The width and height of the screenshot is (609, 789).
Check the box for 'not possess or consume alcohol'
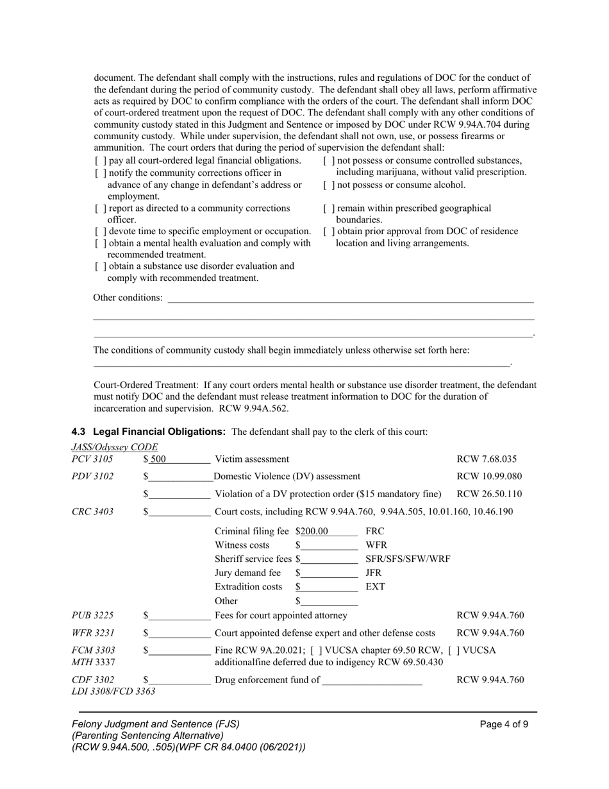pyautogui.click(x=328, y=185)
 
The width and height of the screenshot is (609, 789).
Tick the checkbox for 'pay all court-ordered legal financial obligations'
pyautogui.click(x=98, y=161)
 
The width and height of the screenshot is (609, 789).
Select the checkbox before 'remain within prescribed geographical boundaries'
pyautogui.click(x=328, y=209)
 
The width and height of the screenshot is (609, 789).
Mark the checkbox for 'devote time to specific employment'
pyautogui.click(x=98, y=232)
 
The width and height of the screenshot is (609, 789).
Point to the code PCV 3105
pyautogui.click(x=92, y=459)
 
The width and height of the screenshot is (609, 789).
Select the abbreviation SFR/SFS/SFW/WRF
pyautogui.click(x=408, y=559)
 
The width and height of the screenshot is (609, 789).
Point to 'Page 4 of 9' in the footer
pyautogui.click(x=504, y=725)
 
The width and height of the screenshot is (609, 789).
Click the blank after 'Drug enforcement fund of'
pyautogui.click(x=372, y=681)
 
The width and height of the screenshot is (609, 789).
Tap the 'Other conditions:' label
pyautogui.click(x=128, y=298)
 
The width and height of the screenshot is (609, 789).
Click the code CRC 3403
pyautogui.click(x=93, y=512)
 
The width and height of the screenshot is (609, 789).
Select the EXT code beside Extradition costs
pyautogui.click(x=375, y=587)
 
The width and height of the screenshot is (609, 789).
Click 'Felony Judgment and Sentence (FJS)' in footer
pyautogui.click(x=156, y=724)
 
